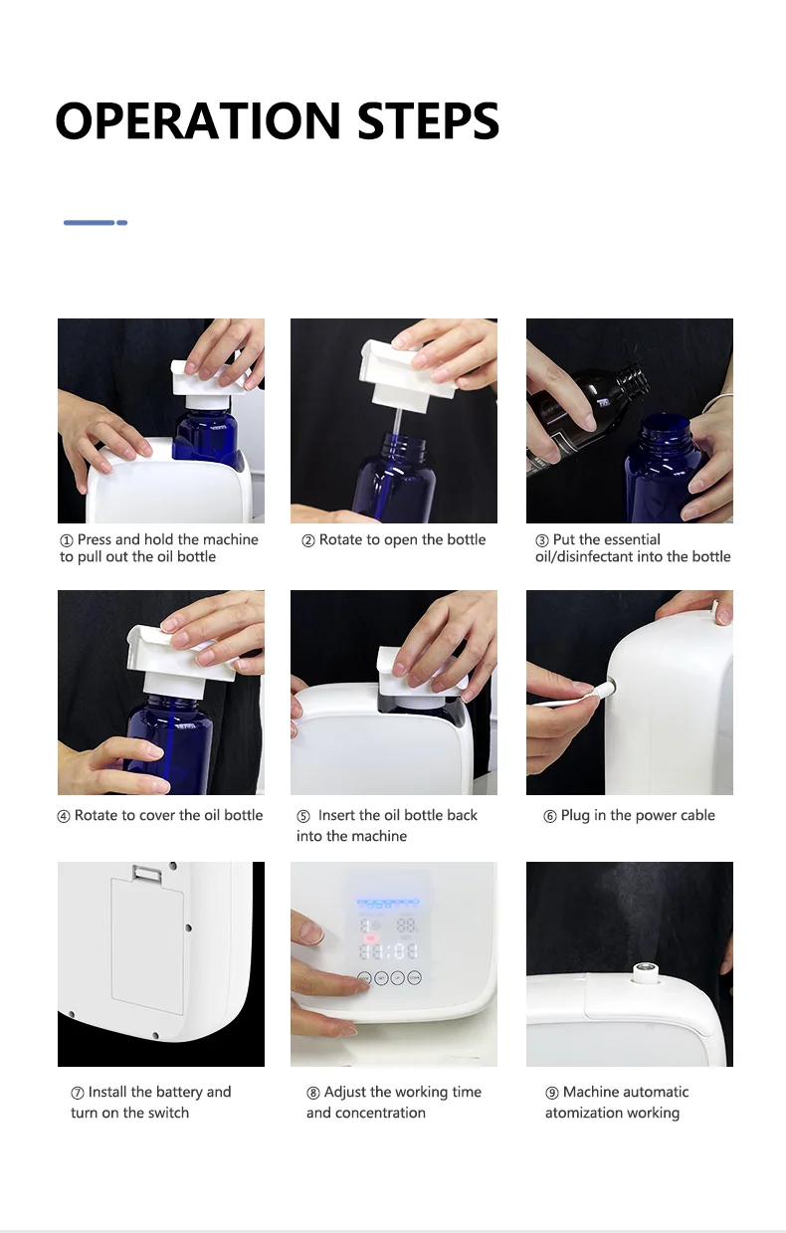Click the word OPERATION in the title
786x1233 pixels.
click(x=198, y=120)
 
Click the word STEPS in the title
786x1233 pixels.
click(x=428, y=120)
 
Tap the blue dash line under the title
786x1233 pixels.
click(x=96, y=222)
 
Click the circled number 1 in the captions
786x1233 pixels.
click(x=66, y=540)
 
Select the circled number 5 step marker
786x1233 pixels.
click(x=303, y=816)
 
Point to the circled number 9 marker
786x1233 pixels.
click(x=551, y=1093)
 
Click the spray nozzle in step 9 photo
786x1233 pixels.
click(x=642, y=973)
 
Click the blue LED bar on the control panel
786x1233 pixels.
click(x=388, y=903)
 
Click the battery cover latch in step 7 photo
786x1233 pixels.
click(x=147, y=872)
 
